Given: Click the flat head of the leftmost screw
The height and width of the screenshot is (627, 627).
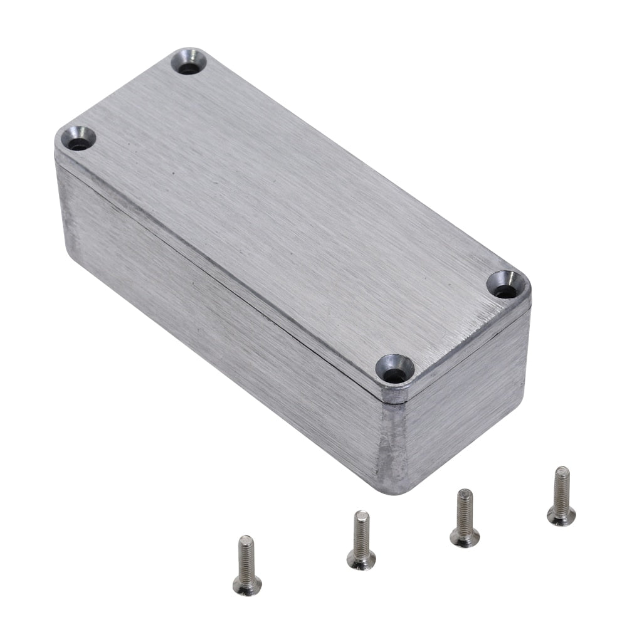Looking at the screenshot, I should tap(247, 585).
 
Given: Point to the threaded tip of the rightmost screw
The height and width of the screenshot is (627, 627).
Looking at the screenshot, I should tap(562, 472).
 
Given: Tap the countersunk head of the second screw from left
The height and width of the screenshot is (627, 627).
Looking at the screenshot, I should tap(362, 559).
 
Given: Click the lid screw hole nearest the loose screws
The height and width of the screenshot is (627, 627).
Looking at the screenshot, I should tap(394, 375).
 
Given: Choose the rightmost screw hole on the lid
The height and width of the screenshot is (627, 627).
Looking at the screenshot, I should tap(505, 290).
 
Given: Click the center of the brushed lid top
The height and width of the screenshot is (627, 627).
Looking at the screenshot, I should tap(288, 213).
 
